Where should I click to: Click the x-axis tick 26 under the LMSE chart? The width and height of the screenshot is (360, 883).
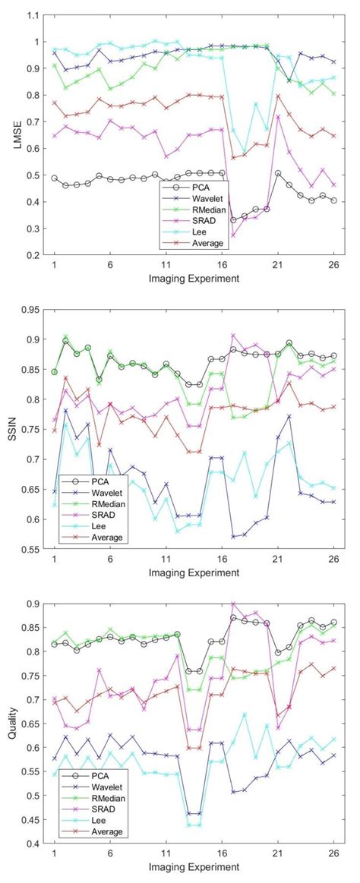(x=334, y=265)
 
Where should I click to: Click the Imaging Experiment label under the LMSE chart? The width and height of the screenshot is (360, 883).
(x=194, y=278)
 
